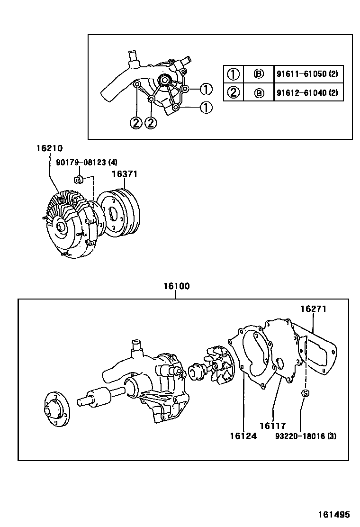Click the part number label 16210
49,148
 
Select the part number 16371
125,174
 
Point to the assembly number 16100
176,286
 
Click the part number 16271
313,309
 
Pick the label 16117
272,426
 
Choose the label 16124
243,436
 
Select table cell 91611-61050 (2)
307,74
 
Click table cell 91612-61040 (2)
307,92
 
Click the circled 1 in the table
233,74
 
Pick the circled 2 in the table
233,92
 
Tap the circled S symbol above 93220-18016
306,393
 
